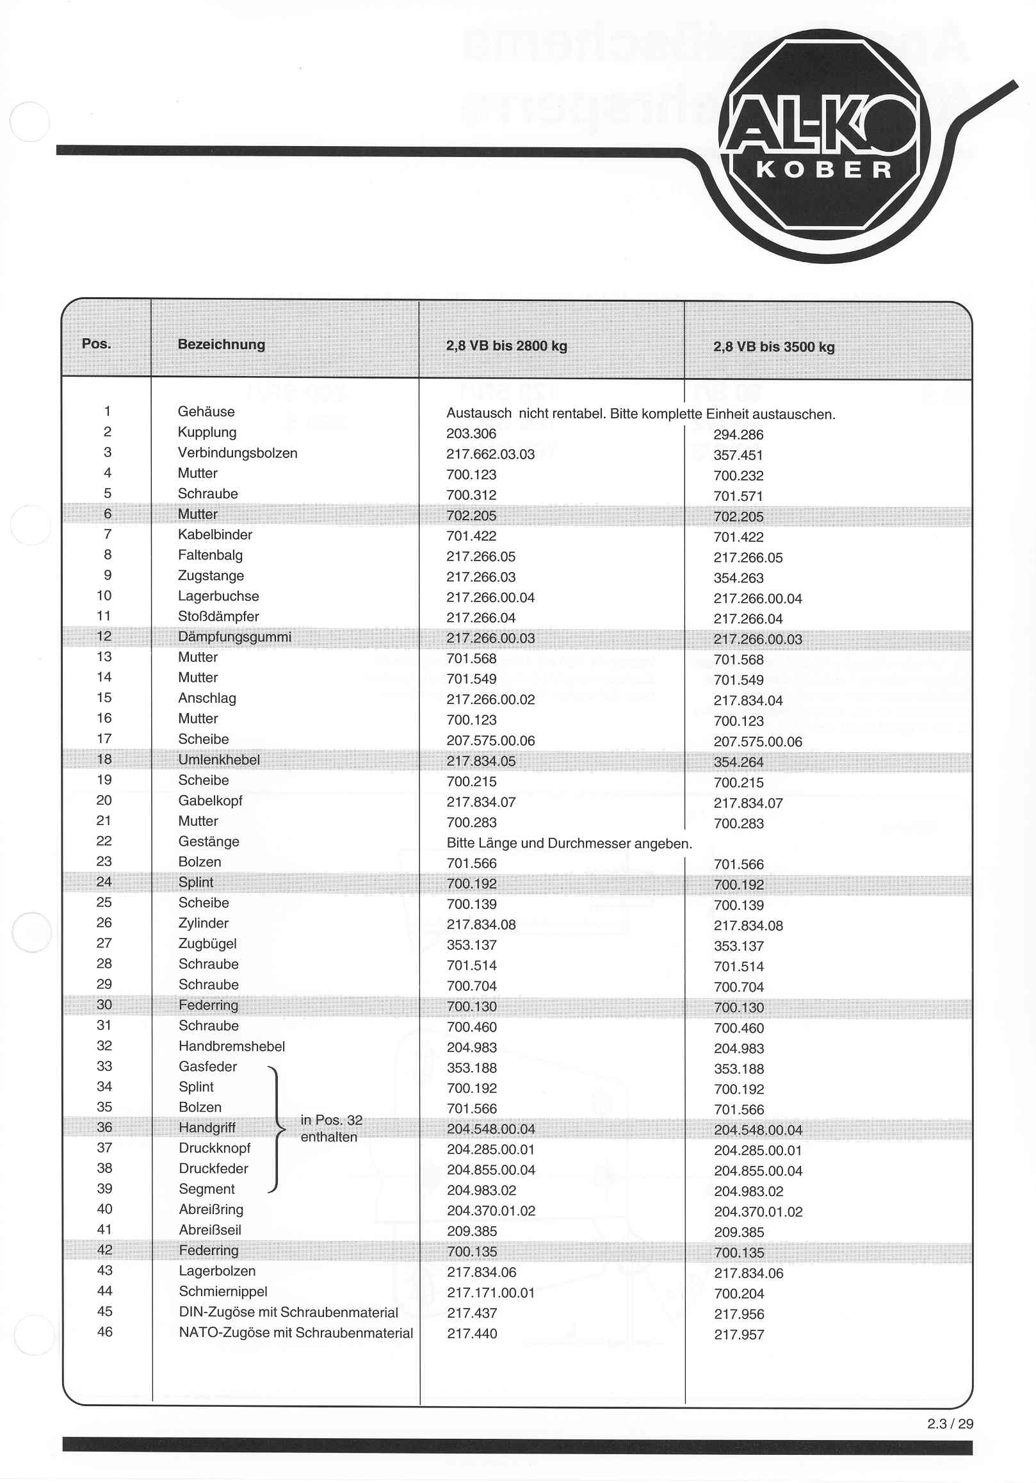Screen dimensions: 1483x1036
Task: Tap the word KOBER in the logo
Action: tap(824, 170)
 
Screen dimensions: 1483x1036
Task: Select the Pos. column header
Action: tap(96, 343)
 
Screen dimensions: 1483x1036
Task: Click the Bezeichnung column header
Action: tap(222, 344)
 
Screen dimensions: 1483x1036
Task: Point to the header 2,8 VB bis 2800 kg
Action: tap(506, 345)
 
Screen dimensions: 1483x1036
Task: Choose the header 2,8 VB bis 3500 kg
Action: tap(773, 347)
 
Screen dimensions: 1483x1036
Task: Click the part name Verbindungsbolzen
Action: tap(238, 453)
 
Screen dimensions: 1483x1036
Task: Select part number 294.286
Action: tap(738, 435)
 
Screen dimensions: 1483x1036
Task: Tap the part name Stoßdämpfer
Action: tap(218, 616)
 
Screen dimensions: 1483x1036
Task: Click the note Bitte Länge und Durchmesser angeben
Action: tap(569, 843)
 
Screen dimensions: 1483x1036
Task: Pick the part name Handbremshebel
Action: tap(232, 1046)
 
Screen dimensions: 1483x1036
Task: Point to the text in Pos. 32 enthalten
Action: tap(331, 1128)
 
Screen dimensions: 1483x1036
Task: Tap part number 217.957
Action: tap(738, 1334)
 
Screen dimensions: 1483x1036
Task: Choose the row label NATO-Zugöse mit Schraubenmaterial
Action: tap(296, 1333)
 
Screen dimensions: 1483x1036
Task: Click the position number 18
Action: tap(104, 759)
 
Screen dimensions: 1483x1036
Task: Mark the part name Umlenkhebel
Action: tap(219, 760)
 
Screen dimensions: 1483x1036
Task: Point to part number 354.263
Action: tap(738, 578)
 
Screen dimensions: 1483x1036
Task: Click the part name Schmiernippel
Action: tap(223, 1291)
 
